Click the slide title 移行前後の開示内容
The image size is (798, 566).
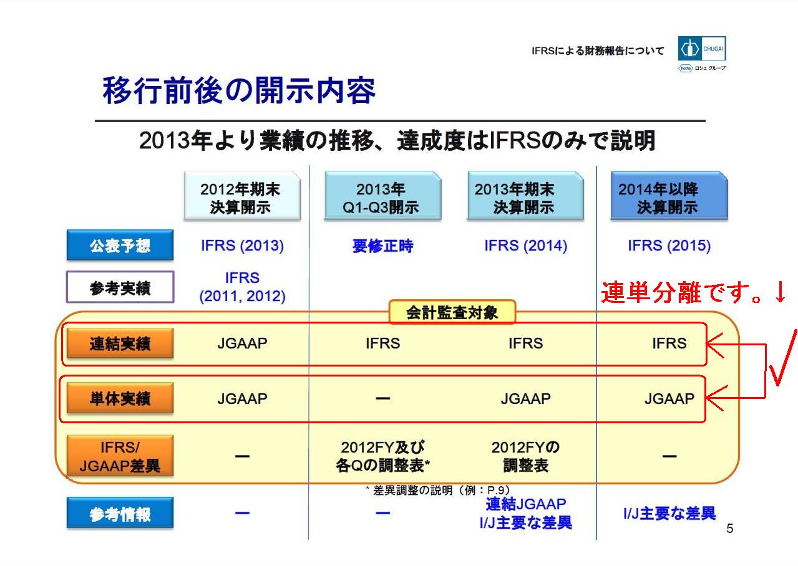tap(239, 90)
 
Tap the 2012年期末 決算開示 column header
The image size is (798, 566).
tap(242, 196)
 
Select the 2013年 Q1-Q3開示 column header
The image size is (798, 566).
tap(382, 196)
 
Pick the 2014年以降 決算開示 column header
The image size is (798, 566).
tap(669, 196)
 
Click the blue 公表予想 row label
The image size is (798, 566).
tap(120, 245)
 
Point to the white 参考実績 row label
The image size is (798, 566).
tap(120, 287)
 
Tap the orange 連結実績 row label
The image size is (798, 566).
tap(120, 343)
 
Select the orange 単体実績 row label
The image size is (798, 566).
tap(120, 398)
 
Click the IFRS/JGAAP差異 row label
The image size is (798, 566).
tap(120, 456)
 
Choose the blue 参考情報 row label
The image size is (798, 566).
tap(120, 513)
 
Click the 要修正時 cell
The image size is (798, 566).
tap(382, 246)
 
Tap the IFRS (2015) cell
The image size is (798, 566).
tap(669, 246)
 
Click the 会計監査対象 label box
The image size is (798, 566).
tap(452, 312)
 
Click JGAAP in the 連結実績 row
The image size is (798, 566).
tap(242, 343)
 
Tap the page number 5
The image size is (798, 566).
tap(730, 529)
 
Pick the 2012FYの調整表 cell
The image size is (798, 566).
tap(525, 456)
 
